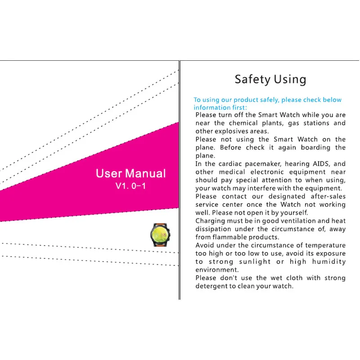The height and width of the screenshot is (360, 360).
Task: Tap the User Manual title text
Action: click(130, 174)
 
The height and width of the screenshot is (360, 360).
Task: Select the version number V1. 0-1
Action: click(130, 186)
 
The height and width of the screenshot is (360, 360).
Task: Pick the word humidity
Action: click(330, 261)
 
